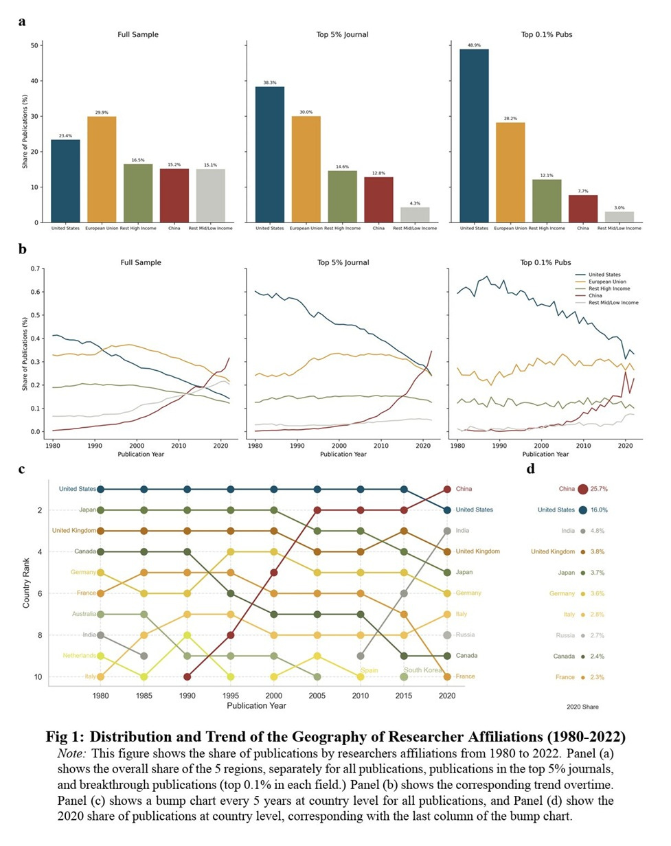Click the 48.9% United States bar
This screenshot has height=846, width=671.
pos(474,136)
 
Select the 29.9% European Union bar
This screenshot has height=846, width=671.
pos(102,170)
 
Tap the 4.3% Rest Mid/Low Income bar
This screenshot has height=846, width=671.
pos(415,214)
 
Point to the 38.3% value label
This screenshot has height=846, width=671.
pos(269,83)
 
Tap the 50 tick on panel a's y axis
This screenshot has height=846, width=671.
pos(35,45)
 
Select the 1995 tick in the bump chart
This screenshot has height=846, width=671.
pos(230,695)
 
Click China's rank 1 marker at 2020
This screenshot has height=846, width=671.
pos(446,490)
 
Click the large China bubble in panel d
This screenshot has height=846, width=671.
pos(582,490)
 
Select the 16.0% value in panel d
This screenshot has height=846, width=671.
pos(604,510)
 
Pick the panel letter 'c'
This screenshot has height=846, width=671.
pos(22,470)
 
